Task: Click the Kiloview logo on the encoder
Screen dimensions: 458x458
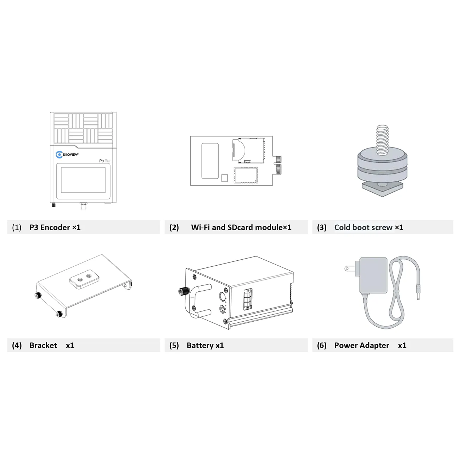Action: pos(67,155)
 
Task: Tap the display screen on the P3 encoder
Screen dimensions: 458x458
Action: pos(83,180)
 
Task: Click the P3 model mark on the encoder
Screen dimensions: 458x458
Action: pos(101,161)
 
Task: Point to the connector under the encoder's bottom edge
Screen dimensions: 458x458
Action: pos(83,206)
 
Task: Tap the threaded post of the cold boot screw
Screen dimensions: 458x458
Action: pos(382,141)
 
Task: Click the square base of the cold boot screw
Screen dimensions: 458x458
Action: pos(382,188)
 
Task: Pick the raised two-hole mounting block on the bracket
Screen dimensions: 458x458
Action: pos(84,279)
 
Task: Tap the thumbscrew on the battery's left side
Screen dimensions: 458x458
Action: pos(184,291)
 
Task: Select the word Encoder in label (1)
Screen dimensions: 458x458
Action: pos(55,228)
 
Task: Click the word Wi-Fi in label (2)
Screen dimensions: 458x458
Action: pos(200,228)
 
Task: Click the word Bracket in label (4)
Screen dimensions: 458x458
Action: pos(43,345)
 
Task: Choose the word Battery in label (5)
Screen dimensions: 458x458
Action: pos(200,346)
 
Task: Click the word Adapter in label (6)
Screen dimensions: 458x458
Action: pos(376,346)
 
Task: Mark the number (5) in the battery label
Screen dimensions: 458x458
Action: pos(174,346)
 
